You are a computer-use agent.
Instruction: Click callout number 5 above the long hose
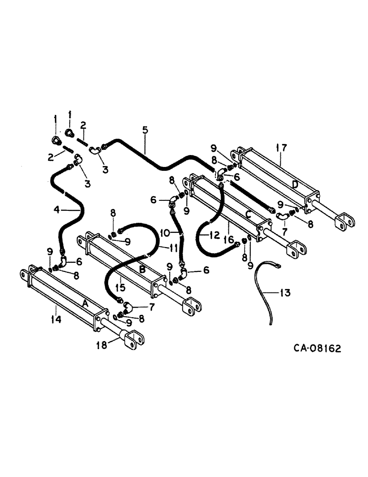[x=145, y=129]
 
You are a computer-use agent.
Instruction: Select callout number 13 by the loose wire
[x=285, y=292]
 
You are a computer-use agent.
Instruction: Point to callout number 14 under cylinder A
[x=56, y=320]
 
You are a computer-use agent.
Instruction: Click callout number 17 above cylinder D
[x=281, y=148]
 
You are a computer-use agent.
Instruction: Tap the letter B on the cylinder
[x=142, y=270]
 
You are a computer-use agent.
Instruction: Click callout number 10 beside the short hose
[x=164, y=232]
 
